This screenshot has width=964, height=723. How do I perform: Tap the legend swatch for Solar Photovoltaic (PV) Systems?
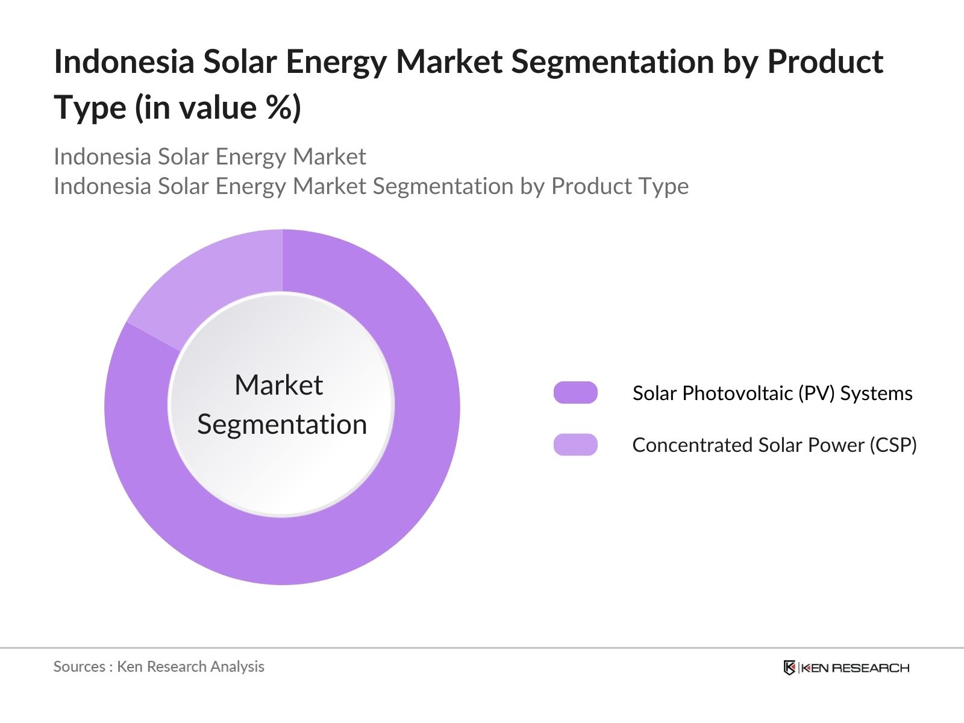coord(575,393)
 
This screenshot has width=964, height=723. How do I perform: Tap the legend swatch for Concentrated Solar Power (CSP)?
coord(575,445)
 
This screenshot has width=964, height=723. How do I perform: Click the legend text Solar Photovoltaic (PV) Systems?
coord(772,393)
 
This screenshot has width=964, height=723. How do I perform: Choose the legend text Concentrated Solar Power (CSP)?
coord(774,445)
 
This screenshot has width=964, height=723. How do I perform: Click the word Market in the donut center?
coord(278,385)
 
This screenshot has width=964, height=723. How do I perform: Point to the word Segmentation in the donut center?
coord(282,425)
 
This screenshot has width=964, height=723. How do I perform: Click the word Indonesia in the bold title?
coord(124,62)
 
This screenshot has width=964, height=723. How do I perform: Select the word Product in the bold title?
coord(825,62)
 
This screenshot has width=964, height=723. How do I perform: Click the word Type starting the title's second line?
coord(90,108)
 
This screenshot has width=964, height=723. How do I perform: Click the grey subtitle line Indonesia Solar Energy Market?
coord(210,157)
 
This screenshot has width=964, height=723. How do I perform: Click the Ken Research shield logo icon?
coord(789,668)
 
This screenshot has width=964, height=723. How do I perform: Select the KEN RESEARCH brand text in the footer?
coord(855,668)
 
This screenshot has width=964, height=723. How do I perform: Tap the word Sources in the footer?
coord(80,666)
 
